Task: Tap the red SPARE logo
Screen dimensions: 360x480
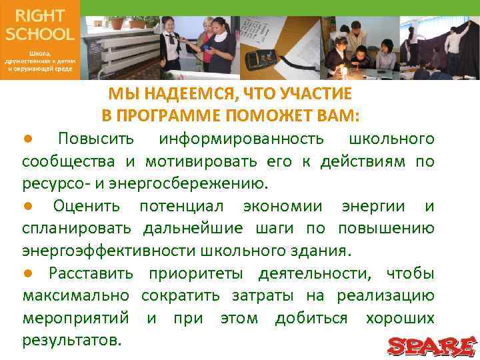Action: [431, 345]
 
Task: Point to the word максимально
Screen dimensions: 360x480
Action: [74, 296]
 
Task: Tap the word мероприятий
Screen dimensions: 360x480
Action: [77, 319]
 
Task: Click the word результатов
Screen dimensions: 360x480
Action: [72, 341]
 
